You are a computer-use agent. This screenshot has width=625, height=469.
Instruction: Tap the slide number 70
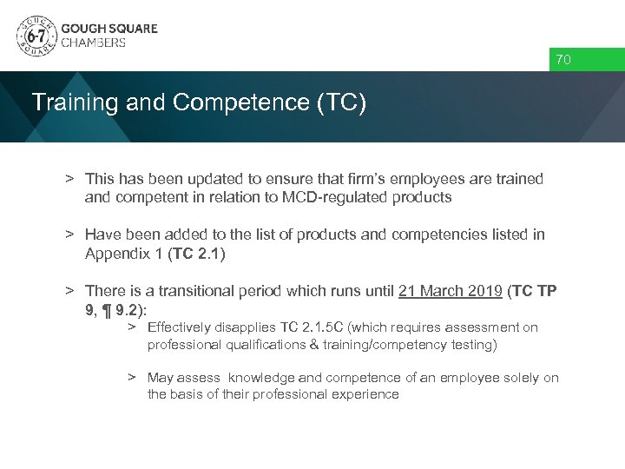tap(563, 60)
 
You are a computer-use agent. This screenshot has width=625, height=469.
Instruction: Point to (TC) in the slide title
tap(342, 102)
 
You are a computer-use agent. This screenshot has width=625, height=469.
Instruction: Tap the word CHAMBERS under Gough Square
tap(94, 43)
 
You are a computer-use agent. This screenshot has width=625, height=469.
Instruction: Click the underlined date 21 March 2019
tap(451, 290)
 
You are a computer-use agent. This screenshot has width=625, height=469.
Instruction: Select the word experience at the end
tap(367, 394)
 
